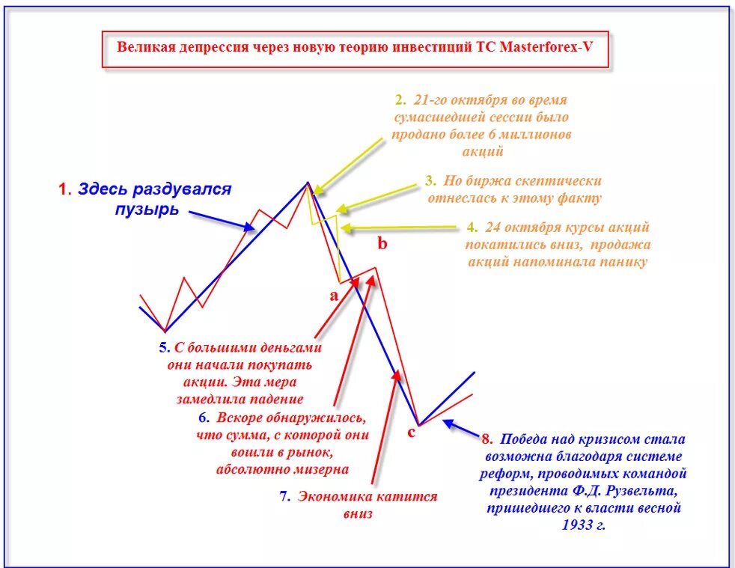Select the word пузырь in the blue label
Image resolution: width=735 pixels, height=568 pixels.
pos(147,209)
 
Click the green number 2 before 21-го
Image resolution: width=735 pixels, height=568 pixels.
pos(400,100)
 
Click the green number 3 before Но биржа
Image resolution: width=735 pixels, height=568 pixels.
pos(430,180)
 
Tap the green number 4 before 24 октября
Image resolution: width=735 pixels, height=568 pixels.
pos(471,227)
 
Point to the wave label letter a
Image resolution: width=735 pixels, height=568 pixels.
pos(334,295)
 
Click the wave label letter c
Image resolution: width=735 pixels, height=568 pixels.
pos(411,432)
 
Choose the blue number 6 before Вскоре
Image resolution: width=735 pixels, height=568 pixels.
pos(203,418)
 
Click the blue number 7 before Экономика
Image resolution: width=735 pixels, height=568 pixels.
pos(284,496)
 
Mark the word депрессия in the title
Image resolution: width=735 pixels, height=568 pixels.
pos(213,46)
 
